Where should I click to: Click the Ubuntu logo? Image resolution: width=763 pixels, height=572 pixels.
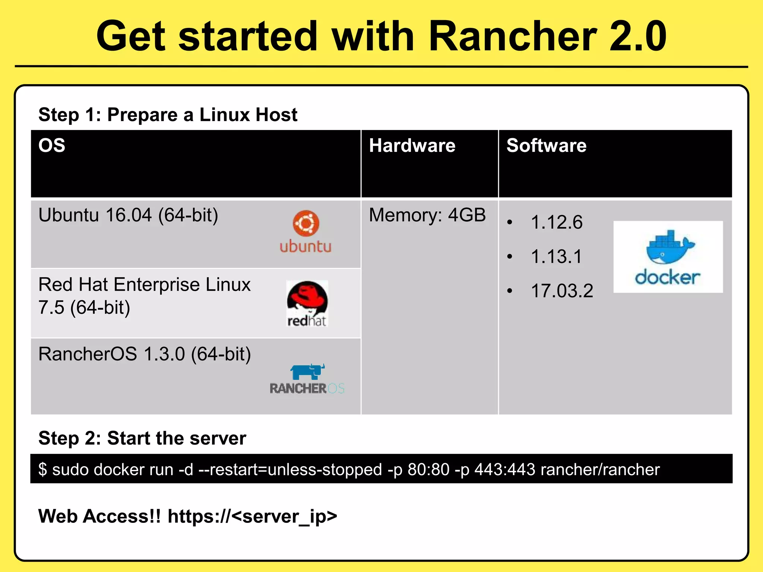click(305, 232)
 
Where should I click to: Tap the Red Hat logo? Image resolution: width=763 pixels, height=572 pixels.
click(307, 304)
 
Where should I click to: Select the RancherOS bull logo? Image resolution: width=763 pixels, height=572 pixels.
click(307, 378)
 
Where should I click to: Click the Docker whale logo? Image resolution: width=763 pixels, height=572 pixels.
click(668, 257)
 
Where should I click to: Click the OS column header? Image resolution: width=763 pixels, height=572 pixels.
click(52, 145)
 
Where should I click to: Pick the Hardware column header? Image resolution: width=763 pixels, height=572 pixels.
click(412, 145)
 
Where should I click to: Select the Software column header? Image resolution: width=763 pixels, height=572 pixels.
click(546, 145)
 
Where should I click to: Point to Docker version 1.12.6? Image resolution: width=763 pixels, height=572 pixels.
click(557, 222)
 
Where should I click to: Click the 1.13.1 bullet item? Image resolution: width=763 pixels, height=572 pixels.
click(556, 257)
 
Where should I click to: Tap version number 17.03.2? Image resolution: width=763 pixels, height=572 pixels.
click(562, 291)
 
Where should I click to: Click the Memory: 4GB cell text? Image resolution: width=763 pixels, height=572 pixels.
click(427, 215)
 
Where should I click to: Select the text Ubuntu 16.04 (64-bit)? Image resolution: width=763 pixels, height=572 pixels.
click(128, 215)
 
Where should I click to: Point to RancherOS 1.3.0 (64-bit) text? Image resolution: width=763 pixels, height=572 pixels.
click(145, 354)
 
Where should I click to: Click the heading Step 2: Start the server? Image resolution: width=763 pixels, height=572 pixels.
click(142, 438)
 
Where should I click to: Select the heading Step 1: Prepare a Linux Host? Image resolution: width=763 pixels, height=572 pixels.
click(168, 114)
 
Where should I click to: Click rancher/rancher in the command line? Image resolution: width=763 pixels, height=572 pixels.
click(600, 469)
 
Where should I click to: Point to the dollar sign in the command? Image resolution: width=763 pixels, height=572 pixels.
click(42, 469)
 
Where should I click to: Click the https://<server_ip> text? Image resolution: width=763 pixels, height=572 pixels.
click(252, 516)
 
